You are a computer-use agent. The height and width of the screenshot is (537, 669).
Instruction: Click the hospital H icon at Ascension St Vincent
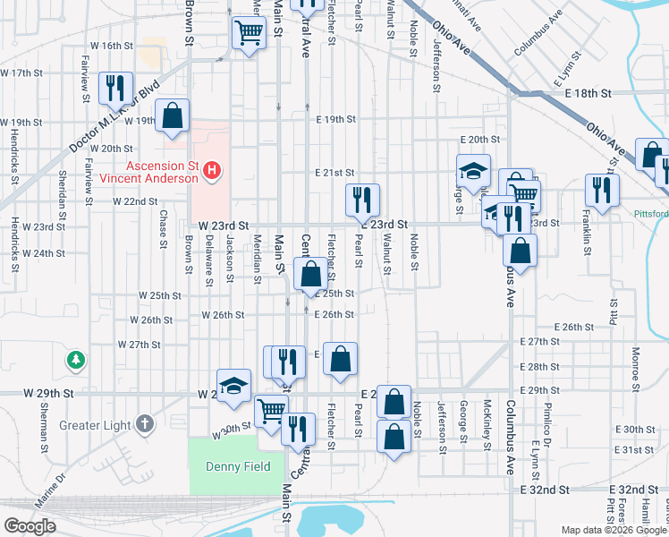point(212,169)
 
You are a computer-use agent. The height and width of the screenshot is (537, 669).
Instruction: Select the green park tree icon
point(77,360)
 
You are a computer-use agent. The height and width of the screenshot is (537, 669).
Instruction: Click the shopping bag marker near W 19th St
point(173,115)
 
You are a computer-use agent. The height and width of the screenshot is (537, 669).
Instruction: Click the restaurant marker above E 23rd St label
point(362,200)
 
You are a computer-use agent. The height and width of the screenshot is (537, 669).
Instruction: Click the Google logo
point(30,526)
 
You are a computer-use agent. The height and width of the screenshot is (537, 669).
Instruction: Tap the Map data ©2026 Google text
point(614,530)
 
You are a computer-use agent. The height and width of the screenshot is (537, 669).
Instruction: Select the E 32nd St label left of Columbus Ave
point(546,490)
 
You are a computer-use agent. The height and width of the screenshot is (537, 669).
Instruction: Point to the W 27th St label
point(138,345)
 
